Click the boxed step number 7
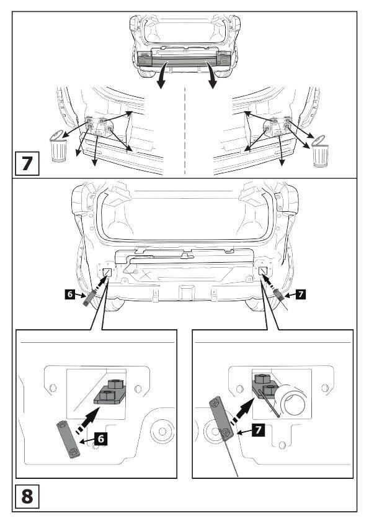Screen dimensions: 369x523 (27, 163)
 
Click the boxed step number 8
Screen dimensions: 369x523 (27, 496)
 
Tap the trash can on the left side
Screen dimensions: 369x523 (58, 146)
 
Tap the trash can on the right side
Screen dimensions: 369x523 (320, 151)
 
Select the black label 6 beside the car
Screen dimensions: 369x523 (69, 294)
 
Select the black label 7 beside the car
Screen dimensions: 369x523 (301, 294)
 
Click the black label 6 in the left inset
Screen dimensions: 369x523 (101, 439)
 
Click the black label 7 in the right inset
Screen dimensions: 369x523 (259, 430)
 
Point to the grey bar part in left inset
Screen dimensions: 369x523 (68, 439)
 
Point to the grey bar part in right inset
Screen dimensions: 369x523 (220, 418)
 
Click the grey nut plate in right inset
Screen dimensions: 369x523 (265, 386)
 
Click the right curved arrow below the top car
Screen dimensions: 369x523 (211, 76)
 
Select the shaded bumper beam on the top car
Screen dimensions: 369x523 (184, 59)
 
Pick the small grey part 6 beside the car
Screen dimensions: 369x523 (89, 298)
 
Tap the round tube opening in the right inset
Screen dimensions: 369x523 (293, 399)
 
